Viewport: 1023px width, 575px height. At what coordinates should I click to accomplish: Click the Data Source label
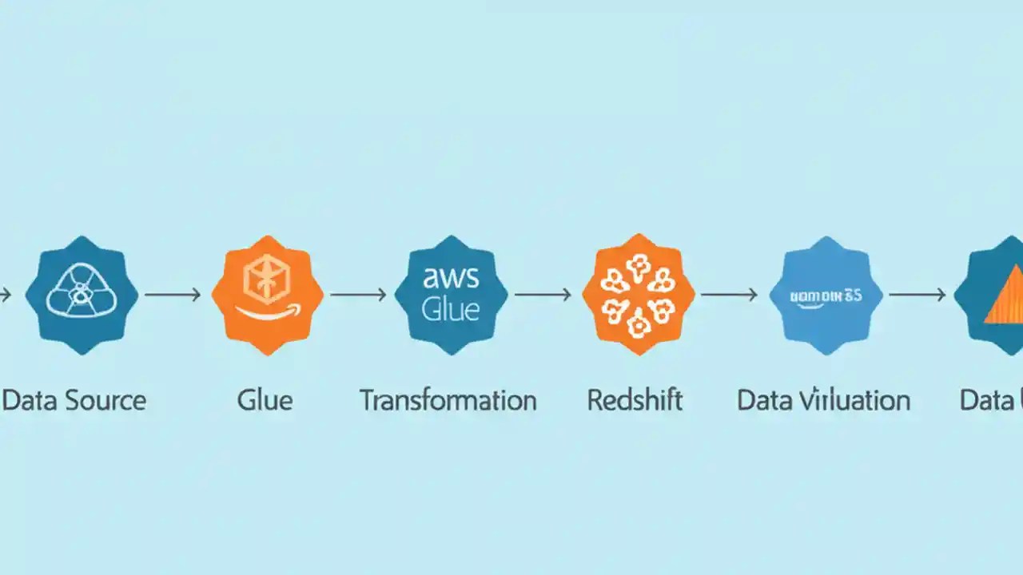(74, 400)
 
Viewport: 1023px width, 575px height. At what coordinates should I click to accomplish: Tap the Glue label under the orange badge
(265, 400)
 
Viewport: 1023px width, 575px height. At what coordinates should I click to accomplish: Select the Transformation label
(448, 400)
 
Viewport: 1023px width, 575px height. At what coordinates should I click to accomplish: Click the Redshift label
(635, 400)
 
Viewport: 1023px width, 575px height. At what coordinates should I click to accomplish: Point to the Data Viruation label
(823, 400)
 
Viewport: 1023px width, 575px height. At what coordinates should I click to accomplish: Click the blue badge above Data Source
(82, 295)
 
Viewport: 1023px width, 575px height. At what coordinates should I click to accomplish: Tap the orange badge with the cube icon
(268, 295)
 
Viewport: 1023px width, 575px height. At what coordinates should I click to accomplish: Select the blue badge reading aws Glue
(452, 295)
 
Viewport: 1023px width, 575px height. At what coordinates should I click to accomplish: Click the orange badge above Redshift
(638, 295)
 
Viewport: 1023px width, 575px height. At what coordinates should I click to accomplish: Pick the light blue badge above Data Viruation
(826, 295)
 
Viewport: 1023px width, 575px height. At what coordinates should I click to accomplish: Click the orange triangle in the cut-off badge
(1005, 299)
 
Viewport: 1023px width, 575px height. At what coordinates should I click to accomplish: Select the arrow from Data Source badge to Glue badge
(173, 295)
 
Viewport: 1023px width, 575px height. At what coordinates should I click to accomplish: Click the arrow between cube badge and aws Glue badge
(359, 295)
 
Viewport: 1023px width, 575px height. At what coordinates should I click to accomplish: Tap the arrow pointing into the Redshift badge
(543, 295)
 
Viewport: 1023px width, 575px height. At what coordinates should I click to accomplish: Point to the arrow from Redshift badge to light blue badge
(730, 295)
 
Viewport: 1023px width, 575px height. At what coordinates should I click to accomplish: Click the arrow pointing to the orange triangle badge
(917, 295)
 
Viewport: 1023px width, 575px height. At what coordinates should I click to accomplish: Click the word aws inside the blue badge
(452, 278)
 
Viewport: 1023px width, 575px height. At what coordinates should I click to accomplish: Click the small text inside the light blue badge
(826, 295)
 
